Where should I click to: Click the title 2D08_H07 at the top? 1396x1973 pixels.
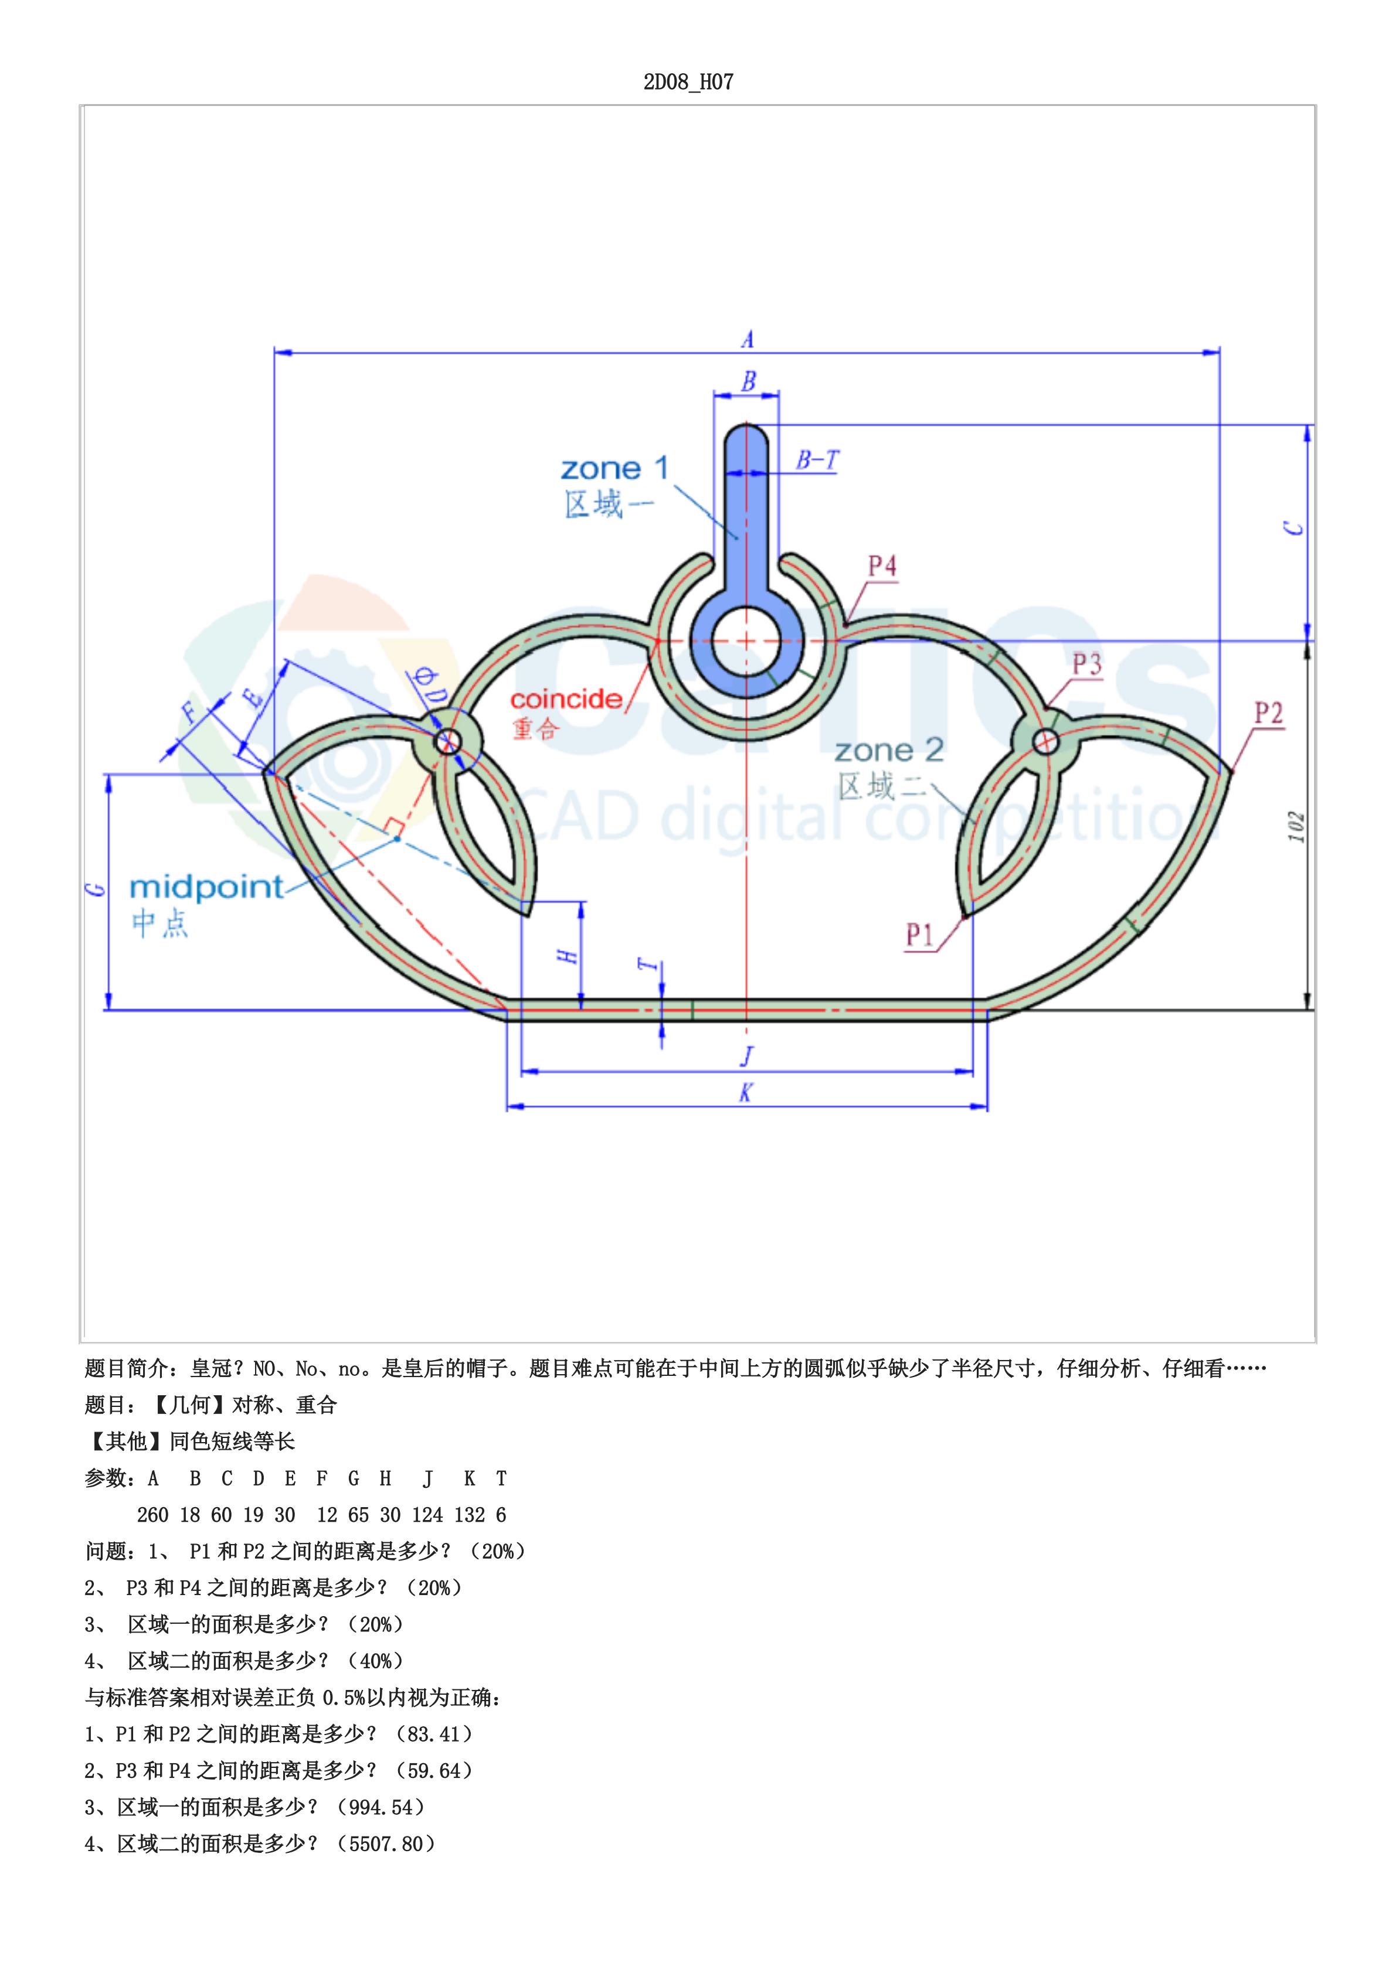click(x=688, y=83)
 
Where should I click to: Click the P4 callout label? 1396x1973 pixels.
click(x=882, y=565)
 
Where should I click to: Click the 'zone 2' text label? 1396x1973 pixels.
click(x=889, y=751)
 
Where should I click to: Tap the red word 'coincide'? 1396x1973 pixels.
click(x=566, y=698)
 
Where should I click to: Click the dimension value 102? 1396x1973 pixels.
click(x=1297, y=827)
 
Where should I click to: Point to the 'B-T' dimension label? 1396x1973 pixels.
click(x=816, y=461)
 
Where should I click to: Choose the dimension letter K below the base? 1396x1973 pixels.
click(x=745, y=1093)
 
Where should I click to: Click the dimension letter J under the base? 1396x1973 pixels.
click(x=747, y=1056)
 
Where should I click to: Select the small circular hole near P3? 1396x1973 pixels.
click(x=1045, y=741)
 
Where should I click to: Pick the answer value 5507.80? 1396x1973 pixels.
click(x=386, y=1843)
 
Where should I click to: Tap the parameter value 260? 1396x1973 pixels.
click(x=153, y=1515)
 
